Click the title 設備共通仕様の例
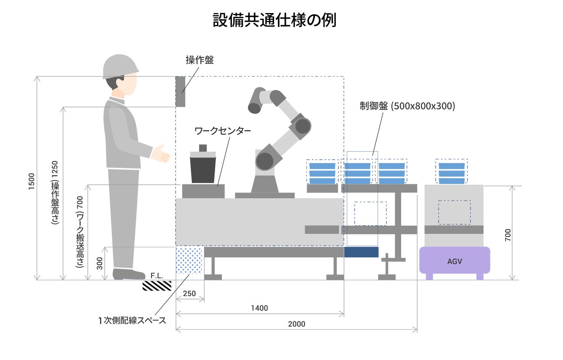(x=274, y=20)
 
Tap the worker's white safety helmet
(x=120, y=67)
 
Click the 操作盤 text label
(x=200, y=60)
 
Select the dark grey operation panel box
(x=180, y=91)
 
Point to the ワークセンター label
(x=222, y=130)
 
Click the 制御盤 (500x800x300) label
(x=407, y=106)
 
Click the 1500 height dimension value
(x=31, y=179)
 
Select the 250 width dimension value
(x=189, y=293)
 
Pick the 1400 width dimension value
(x=259, y=308)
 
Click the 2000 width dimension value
(x=296, y=324)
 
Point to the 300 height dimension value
(x=100, y=263)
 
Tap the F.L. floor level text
(x=157, y=276)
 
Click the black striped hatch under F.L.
(x=157, y=286)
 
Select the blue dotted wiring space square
(x=190, y=260)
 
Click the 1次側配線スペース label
(x=132, y=321)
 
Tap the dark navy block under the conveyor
(x=361, y=252)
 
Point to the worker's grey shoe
(x=128, y=274)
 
